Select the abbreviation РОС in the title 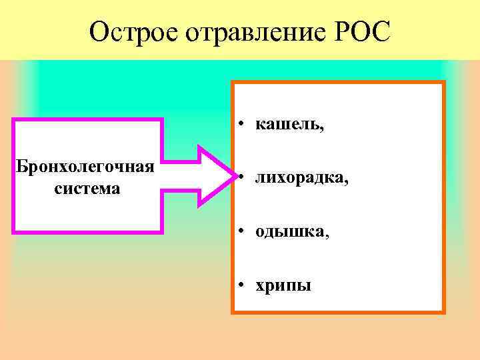coord(361,31)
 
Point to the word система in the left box coord(87,189)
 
